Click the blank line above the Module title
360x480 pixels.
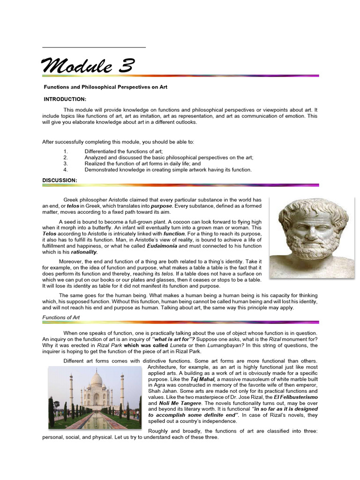click(94, 47)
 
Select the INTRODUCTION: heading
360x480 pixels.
click(65, 99)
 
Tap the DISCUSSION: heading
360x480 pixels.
click(60, 180)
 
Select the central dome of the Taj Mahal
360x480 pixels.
click(96, 379)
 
